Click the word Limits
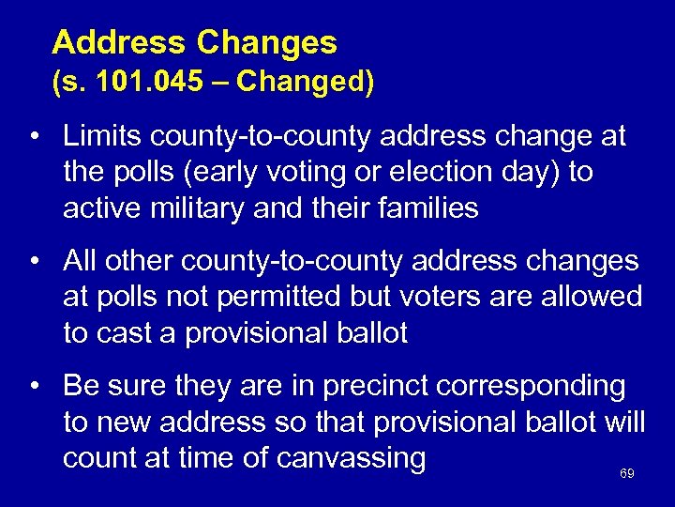coord(103,137)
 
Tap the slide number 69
coord(627,474)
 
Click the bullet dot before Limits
coord(34,137)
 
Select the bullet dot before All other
coord(34,261)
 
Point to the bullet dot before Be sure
coord(34,386)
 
